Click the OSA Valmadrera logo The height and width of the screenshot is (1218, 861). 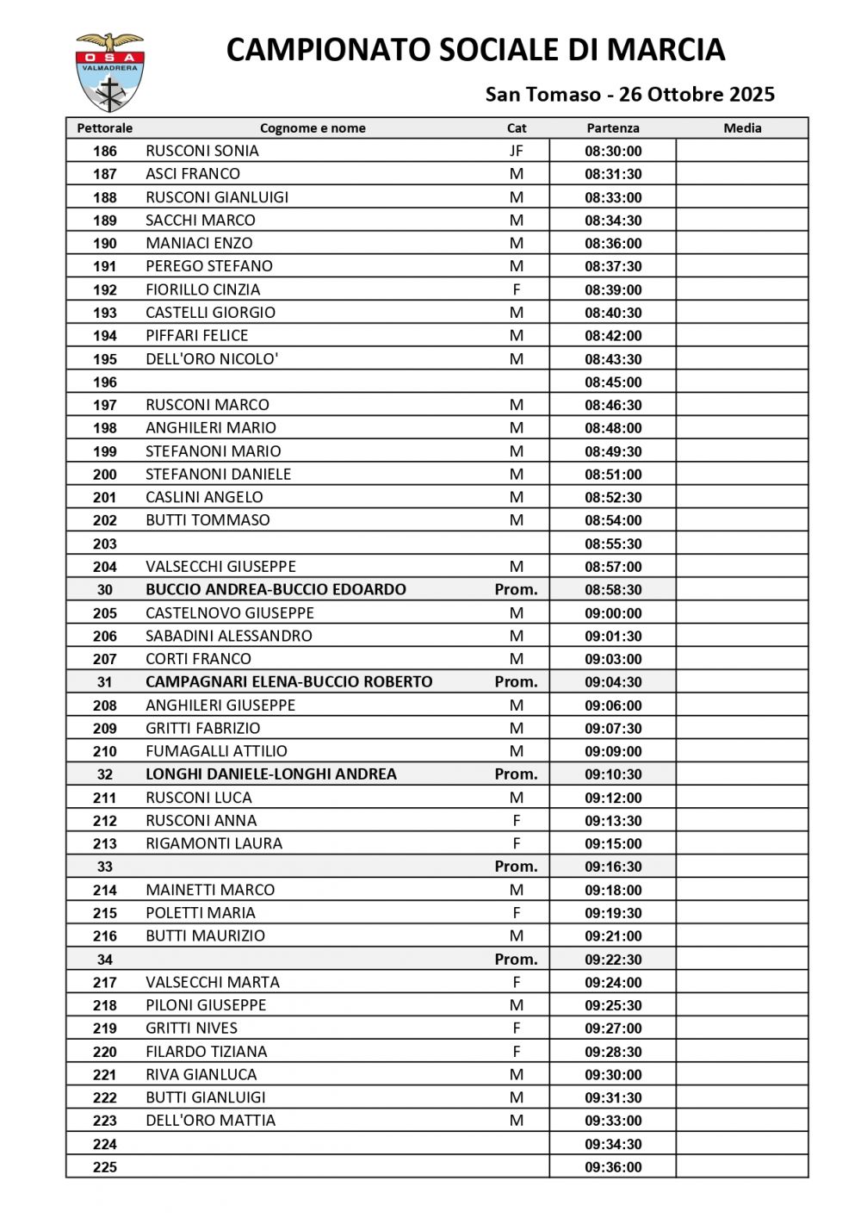(109, 72)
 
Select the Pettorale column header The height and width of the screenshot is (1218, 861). (105, 128)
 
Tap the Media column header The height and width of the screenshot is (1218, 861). (742, 128)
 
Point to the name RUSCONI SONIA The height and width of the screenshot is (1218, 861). (202, 151)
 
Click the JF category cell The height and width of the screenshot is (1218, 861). (516, 151)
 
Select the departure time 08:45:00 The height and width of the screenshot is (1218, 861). (613, 382)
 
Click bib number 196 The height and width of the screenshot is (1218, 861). (105, 382)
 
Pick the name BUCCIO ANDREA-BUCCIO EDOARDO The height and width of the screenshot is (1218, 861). (276, 590)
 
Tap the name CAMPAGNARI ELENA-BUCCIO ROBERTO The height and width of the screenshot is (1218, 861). (289, 682)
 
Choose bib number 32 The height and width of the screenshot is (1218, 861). (105, 774)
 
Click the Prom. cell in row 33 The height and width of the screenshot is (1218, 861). (516, 867)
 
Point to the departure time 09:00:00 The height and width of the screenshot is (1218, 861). (613, 613)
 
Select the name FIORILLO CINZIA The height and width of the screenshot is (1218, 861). (203, 290)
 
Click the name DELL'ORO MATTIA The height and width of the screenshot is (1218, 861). (211, 1121)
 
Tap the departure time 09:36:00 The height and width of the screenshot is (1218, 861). (613, 1167)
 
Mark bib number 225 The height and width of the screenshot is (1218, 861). (105, 1167)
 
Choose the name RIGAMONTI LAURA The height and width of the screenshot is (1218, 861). (214, 844)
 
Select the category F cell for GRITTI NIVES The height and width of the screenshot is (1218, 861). (516, 1028)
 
